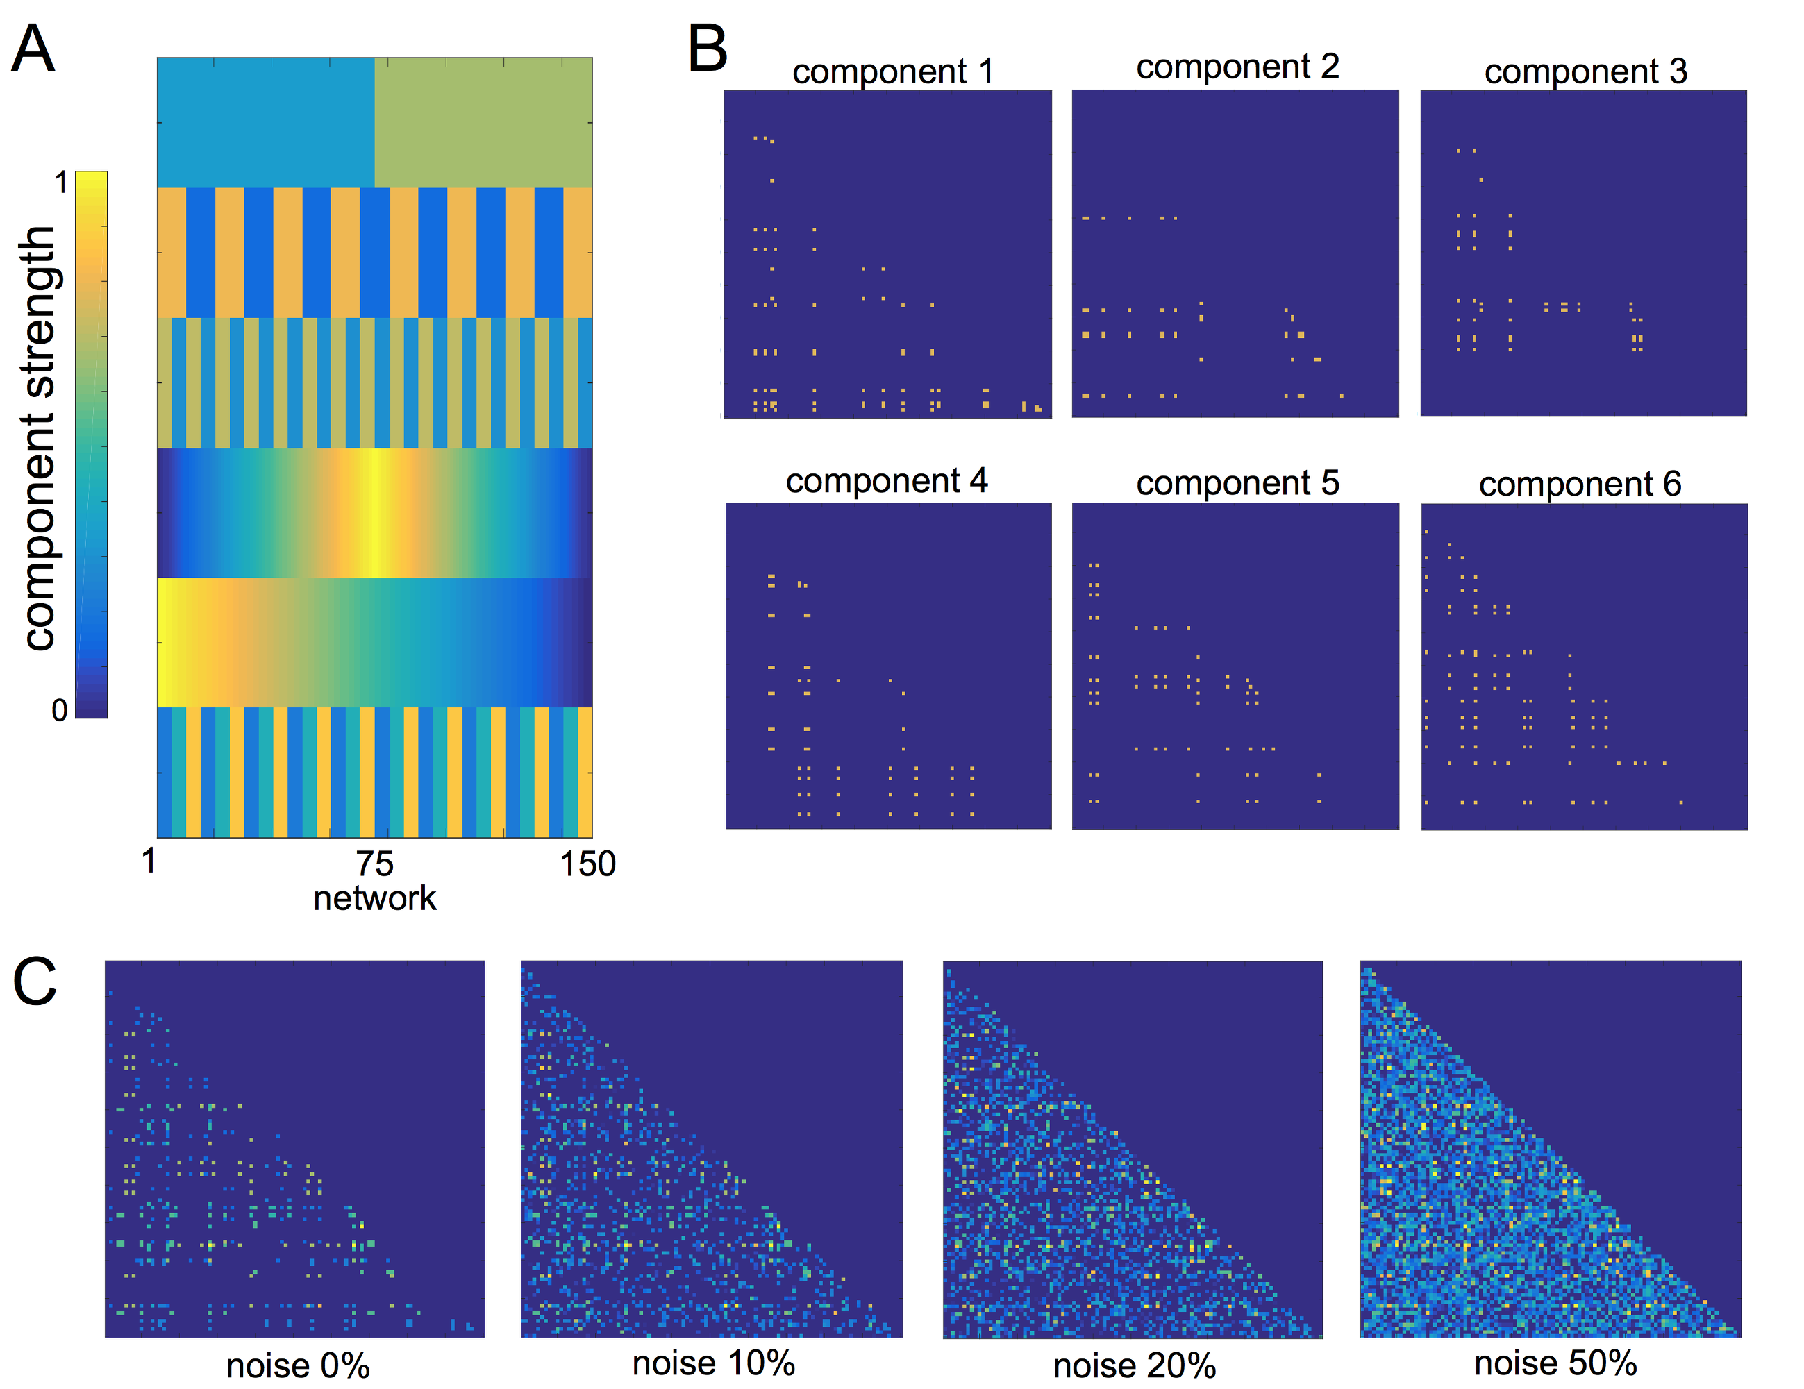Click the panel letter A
(33, 49)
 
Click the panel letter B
(707, 49)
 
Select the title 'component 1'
(892, 72)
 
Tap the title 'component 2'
(1237, 67)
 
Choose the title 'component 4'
(886, 480)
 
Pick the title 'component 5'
(1237, 483)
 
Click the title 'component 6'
(1579, 484)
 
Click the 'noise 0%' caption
(297, 1367)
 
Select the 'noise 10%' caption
(713, 1363)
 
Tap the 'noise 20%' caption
(1134, 1367)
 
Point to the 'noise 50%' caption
(1555, 1363)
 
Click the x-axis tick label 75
(375, 864)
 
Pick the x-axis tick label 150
(587, 864)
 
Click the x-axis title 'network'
(375, 898)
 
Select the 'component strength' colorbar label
(38, 438)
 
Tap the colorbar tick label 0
(60, 710)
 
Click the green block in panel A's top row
(483, 122)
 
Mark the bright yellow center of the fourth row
(375, 512)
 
